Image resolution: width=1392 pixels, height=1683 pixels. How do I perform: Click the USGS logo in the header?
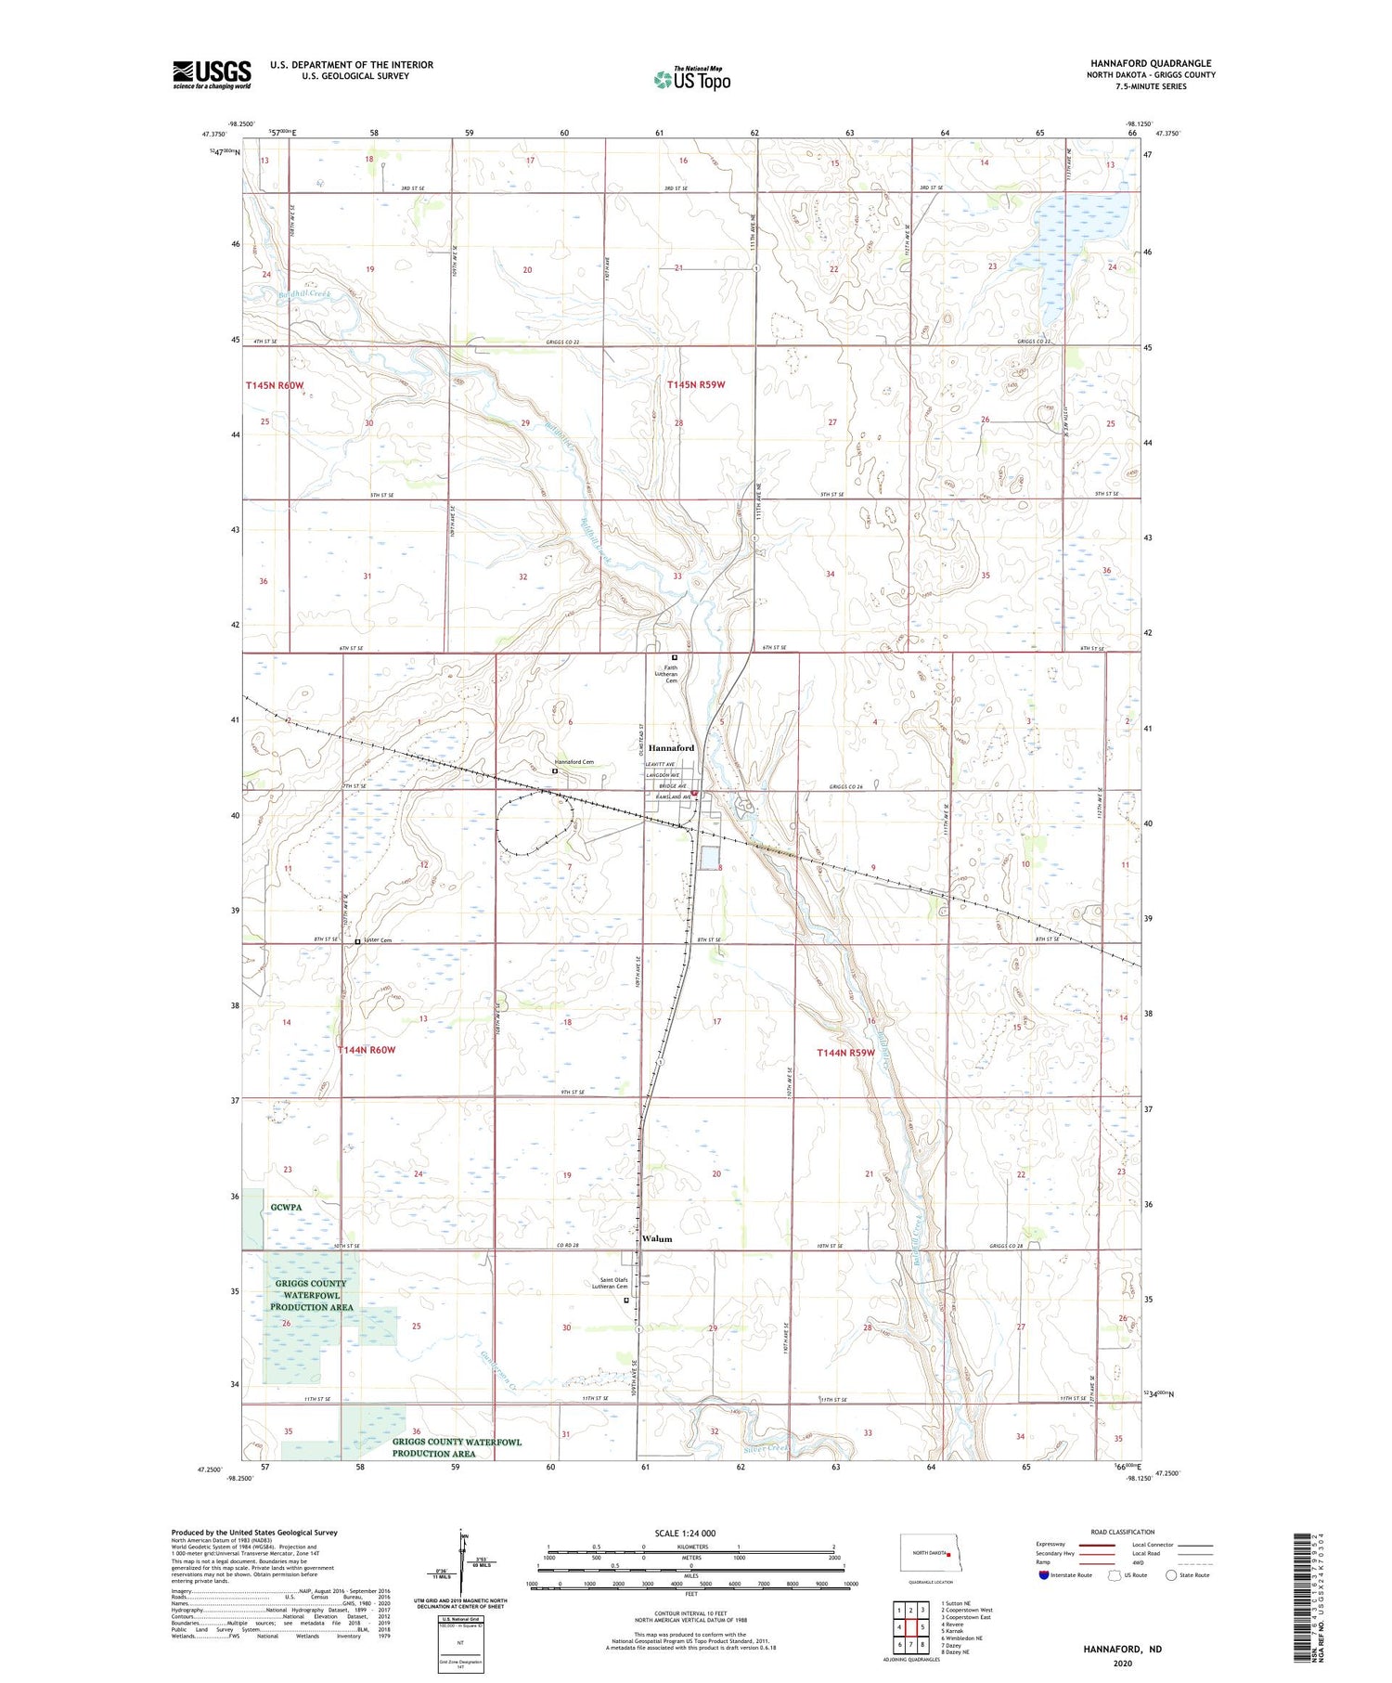[x=212, y=74]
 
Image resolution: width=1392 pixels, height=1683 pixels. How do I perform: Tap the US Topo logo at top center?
[x=692, y=79]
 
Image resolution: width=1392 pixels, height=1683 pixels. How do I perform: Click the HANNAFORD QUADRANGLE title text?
[x=1151, y=64]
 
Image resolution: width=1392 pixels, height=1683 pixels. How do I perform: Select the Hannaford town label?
[x=671, y=748]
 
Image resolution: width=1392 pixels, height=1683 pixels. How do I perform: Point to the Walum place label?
[x=657, y=1239]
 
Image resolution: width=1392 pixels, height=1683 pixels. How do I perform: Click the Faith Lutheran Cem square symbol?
[x=675, y=658]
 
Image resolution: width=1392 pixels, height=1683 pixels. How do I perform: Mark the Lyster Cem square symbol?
[x=358, y=941]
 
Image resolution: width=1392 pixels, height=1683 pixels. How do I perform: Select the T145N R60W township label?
[x=275, y=385]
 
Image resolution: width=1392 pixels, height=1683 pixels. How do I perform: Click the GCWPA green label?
[x=287, y=1208]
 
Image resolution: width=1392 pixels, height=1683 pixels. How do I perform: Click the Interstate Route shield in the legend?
[x=1043, y=1575]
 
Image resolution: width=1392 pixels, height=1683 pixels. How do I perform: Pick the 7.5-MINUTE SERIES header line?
[x=1151, y=86]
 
